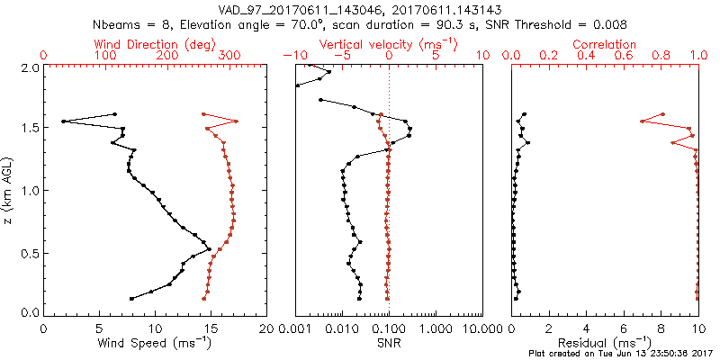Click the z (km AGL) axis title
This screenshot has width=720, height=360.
click(8, 190)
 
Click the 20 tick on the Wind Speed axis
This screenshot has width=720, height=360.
click(265, 328)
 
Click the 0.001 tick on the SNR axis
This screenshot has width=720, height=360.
click(296, 328)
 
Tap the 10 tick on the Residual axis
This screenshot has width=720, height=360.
click(697, 328)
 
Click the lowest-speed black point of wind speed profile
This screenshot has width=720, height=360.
click(63, 121)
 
